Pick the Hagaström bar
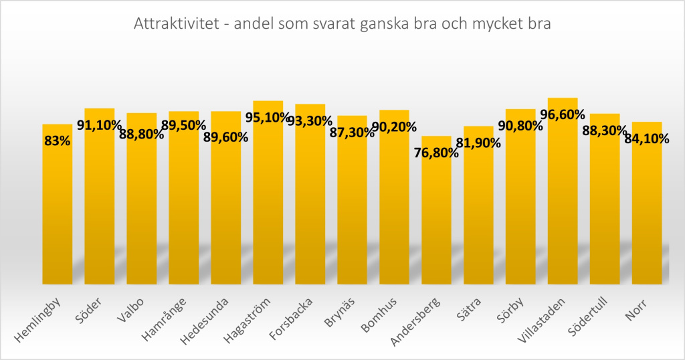pos(268,201)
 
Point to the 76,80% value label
pos(436,153)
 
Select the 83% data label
pos(58,141)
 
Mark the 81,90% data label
pos(478,142)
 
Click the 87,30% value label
pos(352,132)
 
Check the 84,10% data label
pos(647,139)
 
